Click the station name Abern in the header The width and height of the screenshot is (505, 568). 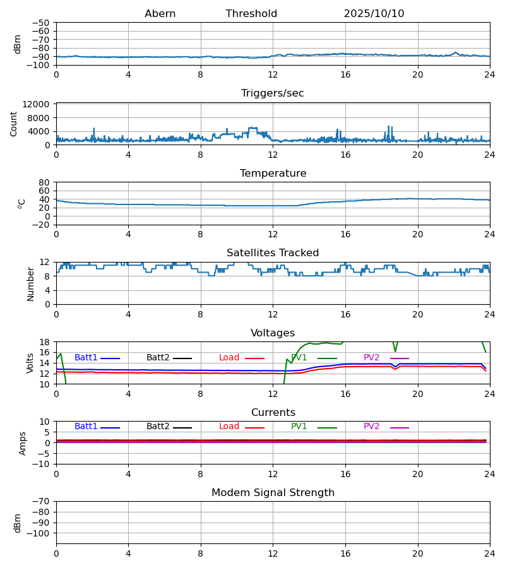160,14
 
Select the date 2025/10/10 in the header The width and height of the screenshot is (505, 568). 374,14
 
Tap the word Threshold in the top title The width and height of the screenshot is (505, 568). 251,14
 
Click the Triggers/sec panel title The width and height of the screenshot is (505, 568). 273,93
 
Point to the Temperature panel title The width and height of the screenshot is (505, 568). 273,174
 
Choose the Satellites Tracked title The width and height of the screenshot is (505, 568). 273,253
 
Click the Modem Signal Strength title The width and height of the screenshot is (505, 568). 273,493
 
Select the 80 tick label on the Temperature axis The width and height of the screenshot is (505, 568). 44,182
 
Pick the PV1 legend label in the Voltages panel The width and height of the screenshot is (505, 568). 299,358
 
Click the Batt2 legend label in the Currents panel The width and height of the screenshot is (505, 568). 158,427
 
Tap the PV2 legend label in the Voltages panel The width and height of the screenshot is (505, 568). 371,358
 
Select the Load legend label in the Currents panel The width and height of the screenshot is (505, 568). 229,427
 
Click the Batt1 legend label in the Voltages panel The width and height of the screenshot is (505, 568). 86,358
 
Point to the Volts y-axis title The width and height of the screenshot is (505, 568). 30,363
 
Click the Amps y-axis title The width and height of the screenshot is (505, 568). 23,443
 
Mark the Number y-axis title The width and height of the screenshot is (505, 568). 30,283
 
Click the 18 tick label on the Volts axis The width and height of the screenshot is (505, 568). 44,342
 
